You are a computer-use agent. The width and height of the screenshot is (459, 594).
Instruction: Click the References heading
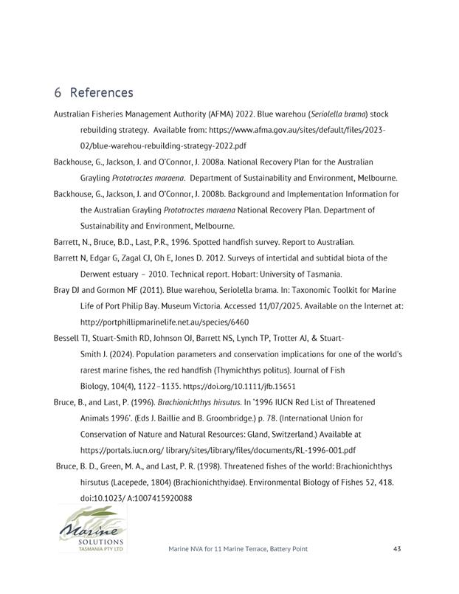click(x=101, y=93)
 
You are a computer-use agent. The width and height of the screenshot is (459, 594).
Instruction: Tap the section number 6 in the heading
click(x=58, y=93)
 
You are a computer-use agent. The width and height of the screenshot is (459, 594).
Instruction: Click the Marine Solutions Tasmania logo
click(x=93, y=528)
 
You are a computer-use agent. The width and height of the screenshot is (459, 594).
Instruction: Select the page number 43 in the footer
click(x=397, y=549)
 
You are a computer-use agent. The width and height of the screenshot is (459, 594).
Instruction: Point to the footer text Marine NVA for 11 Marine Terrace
click(x=238, y=549)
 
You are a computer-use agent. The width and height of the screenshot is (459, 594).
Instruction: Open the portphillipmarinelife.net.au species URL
click(x=165, y=322)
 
